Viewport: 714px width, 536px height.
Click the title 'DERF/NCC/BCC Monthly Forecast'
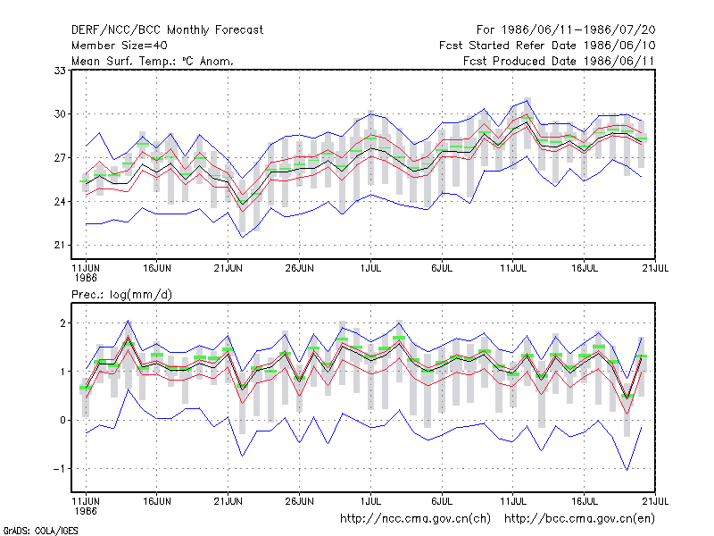[167, 30]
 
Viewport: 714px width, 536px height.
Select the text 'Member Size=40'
[120, 46]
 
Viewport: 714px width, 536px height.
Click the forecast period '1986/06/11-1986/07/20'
[578, 30]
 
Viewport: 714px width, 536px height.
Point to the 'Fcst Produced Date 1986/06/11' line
[559, 61]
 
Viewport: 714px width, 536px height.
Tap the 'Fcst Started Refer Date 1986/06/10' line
[547, 46]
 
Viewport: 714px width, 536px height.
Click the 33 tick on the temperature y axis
[60, 71]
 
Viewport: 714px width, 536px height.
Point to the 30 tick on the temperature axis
[60, 114]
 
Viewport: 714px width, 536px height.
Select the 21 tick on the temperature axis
[60, 245]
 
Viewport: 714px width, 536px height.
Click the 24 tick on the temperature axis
[60, 202]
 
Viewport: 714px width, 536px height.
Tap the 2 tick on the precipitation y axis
[62, 323]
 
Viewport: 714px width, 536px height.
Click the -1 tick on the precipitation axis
[59, 468]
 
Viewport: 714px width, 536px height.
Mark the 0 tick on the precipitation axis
[62, 420]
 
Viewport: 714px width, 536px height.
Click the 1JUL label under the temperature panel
[370, 269]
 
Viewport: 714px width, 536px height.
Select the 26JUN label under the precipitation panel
[299, 501]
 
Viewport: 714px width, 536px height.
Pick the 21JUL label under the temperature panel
[655, 269]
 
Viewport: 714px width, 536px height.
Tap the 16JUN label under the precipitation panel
[157, 501]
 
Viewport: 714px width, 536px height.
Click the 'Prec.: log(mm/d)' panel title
[121, 295]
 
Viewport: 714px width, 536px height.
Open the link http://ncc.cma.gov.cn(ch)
[415, 519]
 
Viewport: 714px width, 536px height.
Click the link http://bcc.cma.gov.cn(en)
[579, 519]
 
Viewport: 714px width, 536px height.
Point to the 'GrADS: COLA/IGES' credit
[40, 531]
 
